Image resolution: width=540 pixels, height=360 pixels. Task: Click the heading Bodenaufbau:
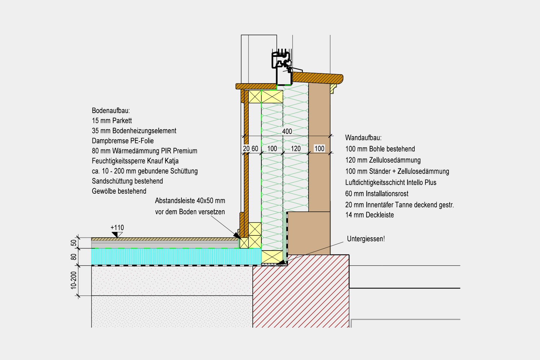[111, 111]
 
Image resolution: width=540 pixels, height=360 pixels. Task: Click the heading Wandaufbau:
[363, 138]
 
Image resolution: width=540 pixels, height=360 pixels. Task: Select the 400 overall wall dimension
[287, 131]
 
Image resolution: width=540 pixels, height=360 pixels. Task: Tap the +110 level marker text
[117, 228]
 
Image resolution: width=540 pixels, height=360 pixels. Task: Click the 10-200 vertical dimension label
[73, 280]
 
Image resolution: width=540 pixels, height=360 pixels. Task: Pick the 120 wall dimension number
[296, 149]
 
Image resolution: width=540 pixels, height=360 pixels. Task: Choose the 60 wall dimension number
[255, 149]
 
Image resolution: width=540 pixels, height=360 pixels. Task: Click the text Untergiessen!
[366, 239]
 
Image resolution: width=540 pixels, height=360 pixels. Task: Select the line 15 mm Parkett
[112, 121]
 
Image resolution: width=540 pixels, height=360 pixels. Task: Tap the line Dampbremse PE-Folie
[123, 141]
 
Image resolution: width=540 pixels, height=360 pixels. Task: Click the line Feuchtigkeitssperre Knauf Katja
[135, 161]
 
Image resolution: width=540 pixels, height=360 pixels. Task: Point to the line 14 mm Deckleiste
[369, 215]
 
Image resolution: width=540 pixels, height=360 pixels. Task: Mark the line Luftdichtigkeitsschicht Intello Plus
[391, 183]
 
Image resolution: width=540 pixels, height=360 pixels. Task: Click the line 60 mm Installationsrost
[377, 194]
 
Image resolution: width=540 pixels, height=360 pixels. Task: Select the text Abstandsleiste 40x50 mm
[190, 201]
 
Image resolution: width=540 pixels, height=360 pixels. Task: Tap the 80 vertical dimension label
[73, 257]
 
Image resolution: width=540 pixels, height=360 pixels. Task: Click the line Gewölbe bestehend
[119, 191]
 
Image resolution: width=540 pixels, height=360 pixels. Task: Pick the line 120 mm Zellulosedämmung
[383, 160]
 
